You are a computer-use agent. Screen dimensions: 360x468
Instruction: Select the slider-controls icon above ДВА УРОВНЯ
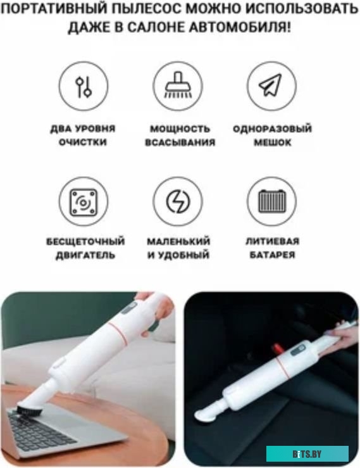[x=84, y=86]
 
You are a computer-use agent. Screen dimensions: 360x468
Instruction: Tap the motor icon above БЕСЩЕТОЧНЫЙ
[x=84, y=202]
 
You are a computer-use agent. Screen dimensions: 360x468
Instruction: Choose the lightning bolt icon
[x=178, y=202]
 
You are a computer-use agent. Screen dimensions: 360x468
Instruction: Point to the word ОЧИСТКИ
[x=83, y=142]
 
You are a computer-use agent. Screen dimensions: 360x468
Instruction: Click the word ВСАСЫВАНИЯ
[x=180, y=142]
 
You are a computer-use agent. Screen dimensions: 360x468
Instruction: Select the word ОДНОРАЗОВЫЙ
[x=272, y=129]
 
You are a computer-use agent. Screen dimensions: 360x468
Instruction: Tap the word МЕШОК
[x=273, y=142]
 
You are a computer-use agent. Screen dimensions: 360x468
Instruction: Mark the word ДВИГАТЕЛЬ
[x=85, y=255]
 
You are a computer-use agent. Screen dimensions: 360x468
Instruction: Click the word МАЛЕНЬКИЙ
[x=178, y=241]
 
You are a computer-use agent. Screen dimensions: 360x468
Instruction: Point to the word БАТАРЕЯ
[x=272, y=255]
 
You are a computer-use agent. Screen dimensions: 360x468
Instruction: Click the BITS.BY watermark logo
[x=307, y=453]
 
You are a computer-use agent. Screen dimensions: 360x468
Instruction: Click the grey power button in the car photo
[x=297, y=350]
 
